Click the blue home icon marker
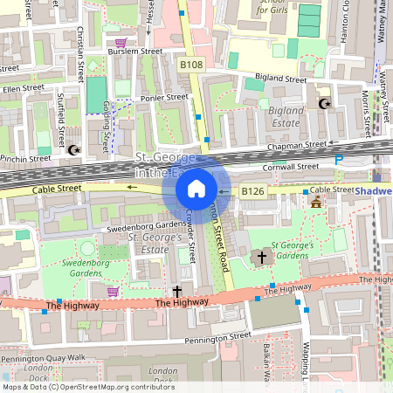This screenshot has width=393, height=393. (196, 189)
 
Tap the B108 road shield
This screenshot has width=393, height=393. (192, 64)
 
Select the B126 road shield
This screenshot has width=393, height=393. (252, 190)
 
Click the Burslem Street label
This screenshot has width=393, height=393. (134, 52)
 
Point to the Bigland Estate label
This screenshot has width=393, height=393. (285, 117)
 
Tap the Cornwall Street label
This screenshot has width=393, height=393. (292, 167)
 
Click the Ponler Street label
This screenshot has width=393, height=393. (164, 98)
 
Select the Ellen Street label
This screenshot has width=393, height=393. (23, 88)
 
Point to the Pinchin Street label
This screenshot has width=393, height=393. (26, 159)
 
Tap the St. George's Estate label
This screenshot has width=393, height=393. (155, 243)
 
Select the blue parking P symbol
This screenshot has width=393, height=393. (339, 159)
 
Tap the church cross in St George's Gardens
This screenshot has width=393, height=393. (261, 257)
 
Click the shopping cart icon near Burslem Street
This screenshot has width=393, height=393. (121, 41)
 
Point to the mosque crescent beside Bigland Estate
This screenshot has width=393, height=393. (325, 104)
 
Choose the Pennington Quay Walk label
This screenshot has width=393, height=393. (43, 358)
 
